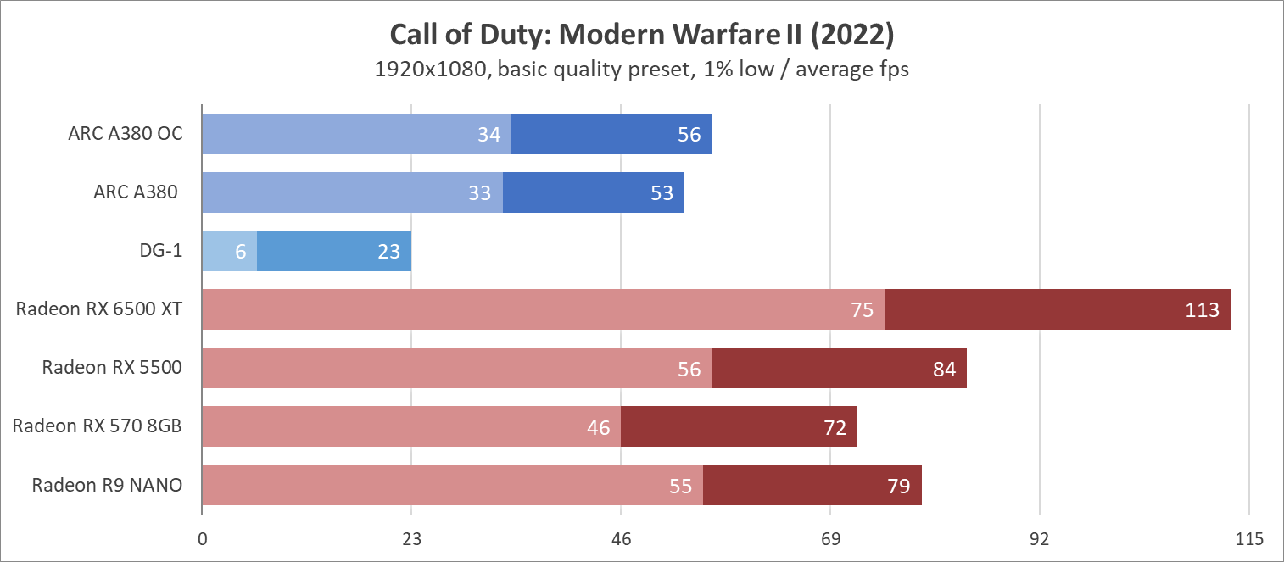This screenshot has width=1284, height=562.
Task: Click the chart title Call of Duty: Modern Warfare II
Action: (x=641, y=35)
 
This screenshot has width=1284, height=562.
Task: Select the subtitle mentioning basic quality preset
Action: (x=641, y=70)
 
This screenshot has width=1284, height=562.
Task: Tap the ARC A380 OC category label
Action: (x=126, y=134)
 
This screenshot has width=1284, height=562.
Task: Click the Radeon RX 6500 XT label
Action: (x=98, y=309)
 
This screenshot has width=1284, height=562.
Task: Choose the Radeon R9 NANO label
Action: (x=107, y=485)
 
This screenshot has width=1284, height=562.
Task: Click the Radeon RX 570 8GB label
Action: (x=97, y=426)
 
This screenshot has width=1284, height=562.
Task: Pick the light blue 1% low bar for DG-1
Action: (x=229, y=251)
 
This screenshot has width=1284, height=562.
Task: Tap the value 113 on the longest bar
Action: (x=1203, y=310)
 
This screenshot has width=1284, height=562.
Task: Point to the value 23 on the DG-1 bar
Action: (x=389, y=252)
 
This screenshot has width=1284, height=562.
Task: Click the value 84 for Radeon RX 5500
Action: (x=944, y=369)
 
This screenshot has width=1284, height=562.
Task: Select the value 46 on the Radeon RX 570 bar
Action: (x=599, y=427)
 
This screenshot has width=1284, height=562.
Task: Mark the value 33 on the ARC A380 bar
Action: (x=480, y=193)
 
